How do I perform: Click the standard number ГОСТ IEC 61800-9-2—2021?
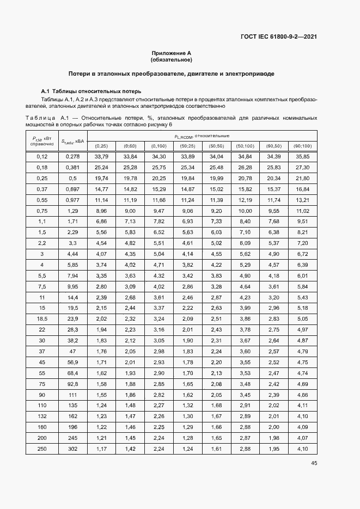[x=279, y=37]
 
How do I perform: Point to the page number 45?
[x=314, y=463]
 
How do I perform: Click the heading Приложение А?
[x=172, y=53]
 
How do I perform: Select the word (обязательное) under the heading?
[x=172, y=59]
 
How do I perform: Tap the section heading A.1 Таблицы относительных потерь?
[x=91, y=91]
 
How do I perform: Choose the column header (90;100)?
[x=302, y=146]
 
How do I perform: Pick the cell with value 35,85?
[x=302, y=156]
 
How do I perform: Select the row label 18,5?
[x=42, y=318]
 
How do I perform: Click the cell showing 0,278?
[x=72, y=156]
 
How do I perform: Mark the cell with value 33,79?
[x=101, y=156]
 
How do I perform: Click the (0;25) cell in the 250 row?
[x=101, y=449]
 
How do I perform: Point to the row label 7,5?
[x=42, y=286]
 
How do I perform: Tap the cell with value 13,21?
[x=302, y=200]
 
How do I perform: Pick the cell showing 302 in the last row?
[x=72, y=449]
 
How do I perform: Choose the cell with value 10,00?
[x=245, y=211]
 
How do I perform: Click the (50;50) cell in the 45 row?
[x=216, y=361]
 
